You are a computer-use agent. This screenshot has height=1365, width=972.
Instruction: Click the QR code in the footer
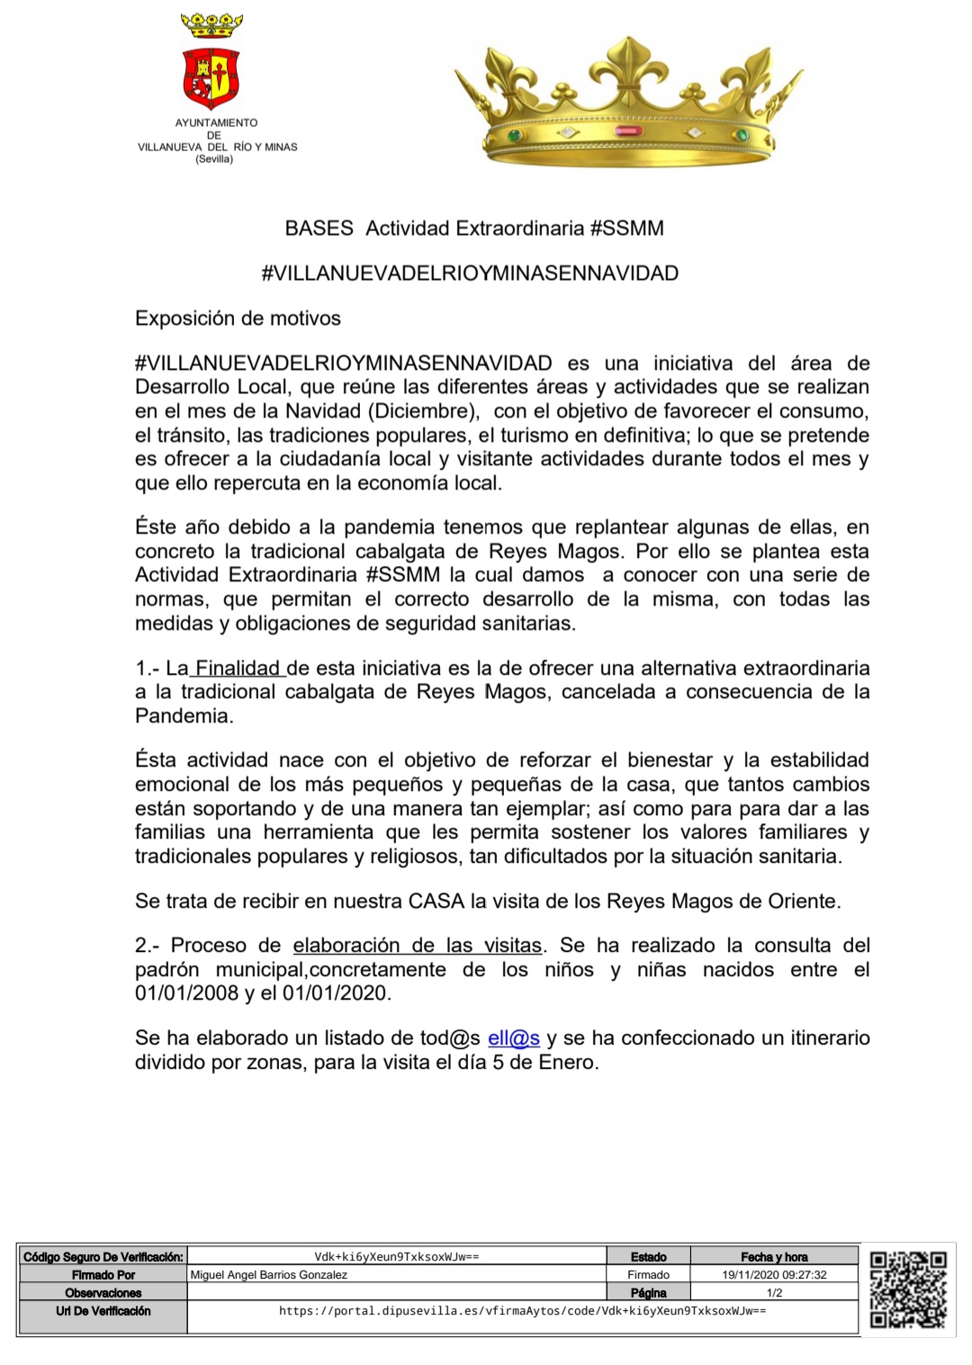pos(907,1289)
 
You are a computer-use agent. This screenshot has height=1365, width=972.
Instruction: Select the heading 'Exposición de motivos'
pos(238,319)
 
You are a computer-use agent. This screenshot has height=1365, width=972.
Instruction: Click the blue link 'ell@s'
pos(514,1038)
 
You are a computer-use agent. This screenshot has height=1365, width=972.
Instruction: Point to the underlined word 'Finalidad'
pos(238,669)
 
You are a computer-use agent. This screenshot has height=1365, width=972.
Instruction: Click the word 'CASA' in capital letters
pos(436,901)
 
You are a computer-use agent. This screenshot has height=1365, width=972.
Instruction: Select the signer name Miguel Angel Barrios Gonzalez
pos(269,1275)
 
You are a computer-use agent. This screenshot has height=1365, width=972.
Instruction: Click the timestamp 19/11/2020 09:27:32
pos(774,1275)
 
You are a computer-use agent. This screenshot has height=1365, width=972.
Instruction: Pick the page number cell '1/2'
pos(774,1293)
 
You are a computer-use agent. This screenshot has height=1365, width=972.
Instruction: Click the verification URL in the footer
pos(522,1311)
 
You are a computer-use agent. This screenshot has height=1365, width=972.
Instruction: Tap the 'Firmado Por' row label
pos(103,1275)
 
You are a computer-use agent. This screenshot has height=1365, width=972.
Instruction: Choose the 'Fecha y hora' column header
pos(774,1257)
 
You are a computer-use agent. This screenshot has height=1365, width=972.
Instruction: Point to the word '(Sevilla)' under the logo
pos(214,159)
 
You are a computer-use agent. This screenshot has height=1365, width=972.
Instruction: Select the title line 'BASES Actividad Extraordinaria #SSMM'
pos(474,229)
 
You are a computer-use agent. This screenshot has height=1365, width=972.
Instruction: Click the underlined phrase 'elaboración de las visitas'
pos(418,946)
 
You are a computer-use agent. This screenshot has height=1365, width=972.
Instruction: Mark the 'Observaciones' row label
pos(103,1293)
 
